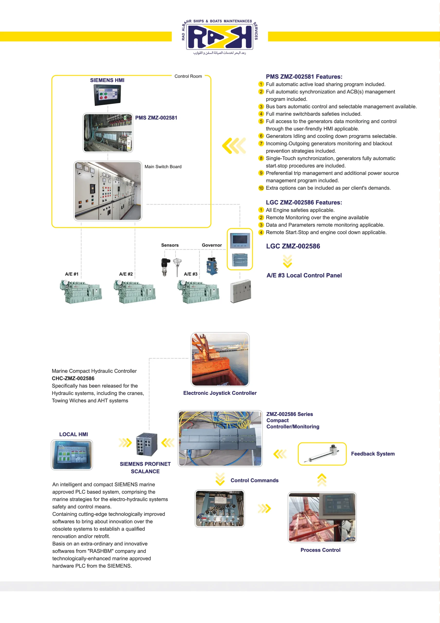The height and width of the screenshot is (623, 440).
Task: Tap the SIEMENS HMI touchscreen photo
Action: (x=107, y=95)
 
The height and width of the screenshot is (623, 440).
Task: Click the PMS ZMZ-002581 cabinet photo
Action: (x=108, y=133)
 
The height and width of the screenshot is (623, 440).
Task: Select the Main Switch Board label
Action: (x=163, y=167)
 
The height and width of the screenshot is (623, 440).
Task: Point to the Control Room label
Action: (x=188, y=76)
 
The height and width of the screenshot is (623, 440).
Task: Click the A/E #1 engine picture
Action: (x=81, y=292)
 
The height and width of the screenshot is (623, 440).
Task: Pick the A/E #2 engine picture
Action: (x=135, y=292)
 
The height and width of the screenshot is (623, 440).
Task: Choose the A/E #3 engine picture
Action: (x=198, y=292)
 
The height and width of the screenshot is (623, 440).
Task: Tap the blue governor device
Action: (x=212, y=266)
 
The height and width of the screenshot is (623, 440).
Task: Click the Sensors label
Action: (x=170, y=245)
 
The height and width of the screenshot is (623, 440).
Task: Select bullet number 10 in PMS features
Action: (x=261, y=188)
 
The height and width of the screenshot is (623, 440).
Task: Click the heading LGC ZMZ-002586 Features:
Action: (x=304, y=202)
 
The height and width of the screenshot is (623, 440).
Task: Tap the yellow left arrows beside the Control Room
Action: (x=234, y=146)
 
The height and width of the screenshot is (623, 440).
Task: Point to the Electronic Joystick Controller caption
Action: (x=220, y=393)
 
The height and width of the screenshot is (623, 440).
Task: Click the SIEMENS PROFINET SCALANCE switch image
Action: (x=146, y=444)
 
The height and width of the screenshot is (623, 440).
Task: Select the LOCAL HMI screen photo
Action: (x=72, y=455)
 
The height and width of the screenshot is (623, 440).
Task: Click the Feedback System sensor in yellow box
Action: (x=322, y=454)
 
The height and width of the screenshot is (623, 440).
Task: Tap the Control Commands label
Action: (x=254, y=480)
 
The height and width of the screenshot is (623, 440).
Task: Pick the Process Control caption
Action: (x=320, y=550)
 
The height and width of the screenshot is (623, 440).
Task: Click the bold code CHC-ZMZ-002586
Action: (x=73, y=378)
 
